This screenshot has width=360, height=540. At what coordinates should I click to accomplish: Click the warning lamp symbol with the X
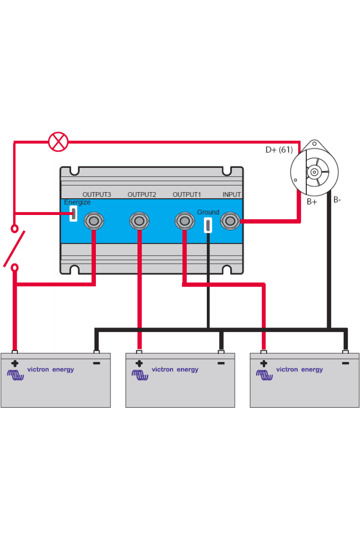[58, 141]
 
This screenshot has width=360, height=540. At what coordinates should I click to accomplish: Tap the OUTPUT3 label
[97, 195]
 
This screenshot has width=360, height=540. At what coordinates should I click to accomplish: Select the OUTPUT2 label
[141, 195]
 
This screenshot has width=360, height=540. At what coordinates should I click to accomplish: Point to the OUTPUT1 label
[187, 195]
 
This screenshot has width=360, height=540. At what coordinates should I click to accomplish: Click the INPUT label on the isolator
[232, 195]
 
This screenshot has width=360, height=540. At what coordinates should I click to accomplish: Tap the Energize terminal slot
[74, 214]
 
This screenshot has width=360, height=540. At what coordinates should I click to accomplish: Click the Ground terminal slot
[208, 225]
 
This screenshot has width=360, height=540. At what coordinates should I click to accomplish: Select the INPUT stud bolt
[230, 221]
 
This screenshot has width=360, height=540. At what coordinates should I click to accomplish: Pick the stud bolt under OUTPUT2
[139, 221]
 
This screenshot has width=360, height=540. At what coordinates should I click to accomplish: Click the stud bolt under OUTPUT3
[94, 221]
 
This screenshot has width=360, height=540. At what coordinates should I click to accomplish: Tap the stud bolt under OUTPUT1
[185, 221]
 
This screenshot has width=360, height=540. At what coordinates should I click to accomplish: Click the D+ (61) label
[279, 150]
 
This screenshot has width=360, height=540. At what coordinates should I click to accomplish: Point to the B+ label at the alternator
[312, 201]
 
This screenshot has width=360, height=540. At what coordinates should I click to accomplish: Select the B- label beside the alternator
[337, 200]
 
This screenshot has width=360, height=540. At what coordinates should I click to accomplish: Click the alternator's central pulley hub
[314, 172]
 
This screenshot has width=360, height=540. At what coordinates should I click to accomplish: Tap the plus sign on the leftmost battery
[15, 363]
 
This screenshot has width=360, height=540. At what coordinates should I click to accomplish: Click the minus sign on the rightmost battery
[345, 363]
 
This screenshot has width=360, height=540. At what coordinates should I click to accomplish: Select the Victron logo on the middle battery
[140, 375]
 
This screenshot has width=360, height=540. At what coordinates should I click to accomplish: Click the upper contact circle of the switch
[15, 229]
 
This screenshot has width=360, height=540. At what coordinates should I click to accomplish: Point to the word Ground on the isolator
[208, 212]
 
